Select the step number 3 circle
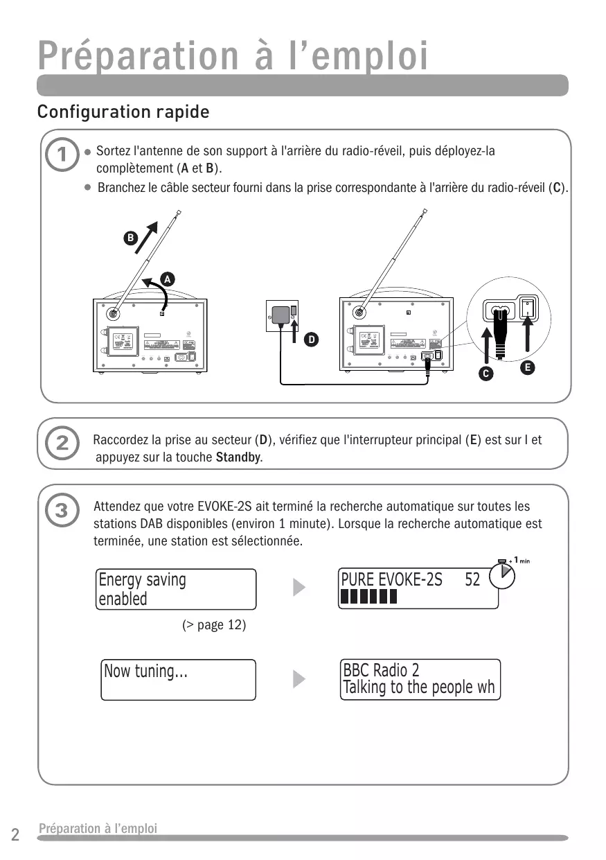[62, 511]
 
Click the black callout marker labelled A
[167, 279]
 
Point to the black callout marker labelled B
[129, 238]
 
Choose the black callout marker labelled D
[312, 340]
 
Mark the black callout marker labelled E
[528, 367]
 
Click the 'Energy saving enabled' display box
[177, 589]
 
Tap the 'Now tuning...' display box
[179, 680]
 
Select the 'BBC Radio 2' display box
[420, 680]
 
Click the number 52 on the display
[472, 579]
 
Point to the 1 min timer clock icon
[503, 575]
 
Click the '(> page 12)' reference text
[214, 625]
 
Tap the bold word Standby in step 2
[238, 457]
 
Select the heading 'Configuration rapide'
[123, 112]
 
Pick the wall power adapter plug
[282, 315]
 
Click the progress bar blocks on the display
[368, 597]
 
